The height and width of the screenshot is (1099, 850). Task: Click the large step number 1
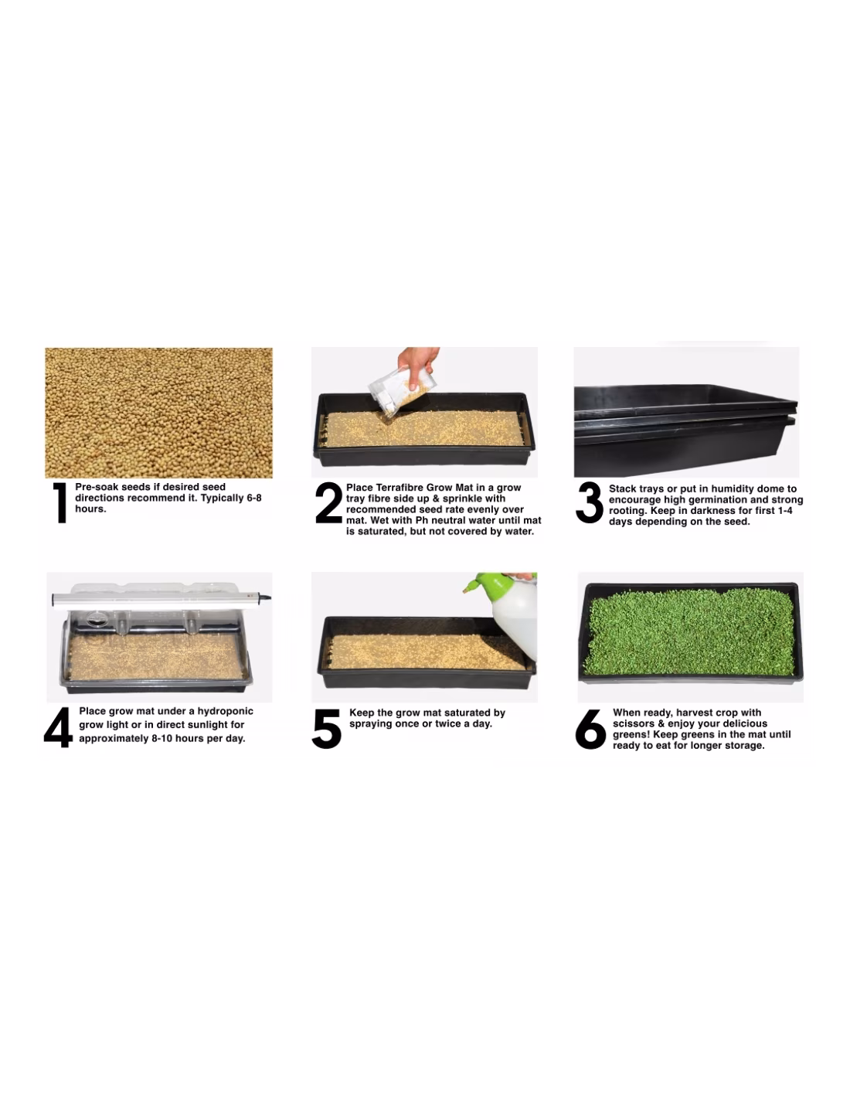point(59,502)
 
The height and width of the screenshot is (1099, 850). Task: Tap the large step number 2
point(328,502)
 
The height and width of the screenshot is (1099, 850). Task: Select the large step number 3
point(589,502)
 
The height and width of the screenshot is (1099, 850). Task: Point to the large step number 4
point(58,727)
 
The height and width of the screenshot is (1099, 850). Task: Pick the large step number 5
point(326,729)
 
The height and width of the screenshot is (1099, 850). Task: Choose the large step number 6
point(590,729)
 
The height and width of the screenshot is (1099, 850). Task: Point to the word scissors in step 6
point(634,723)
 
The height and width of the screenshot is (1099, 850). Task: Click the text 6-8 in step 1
point(253,498)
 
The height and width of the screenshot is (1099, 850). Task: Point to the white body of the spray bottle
point(516,620)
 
